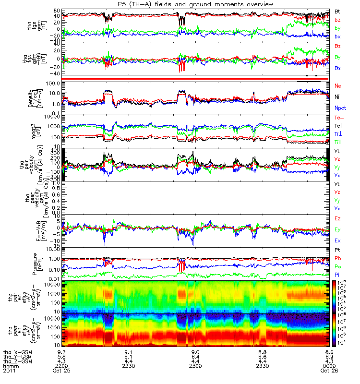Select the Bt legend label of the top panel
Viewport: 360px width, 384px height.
coord(338,11)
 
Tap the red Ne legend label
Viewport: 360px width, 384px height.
coord(338,85)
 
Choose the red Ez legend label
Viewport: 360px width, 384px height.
coord(338,218)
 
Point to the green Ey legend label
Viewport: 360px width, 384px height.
coord(338,229)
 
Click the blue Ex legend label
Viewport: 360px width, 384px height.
coord(338,240)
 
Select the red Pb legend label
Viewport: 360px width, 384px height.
coord(338,259)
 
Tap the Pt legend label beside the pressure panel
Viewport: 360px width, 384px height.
coord(338,251)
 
